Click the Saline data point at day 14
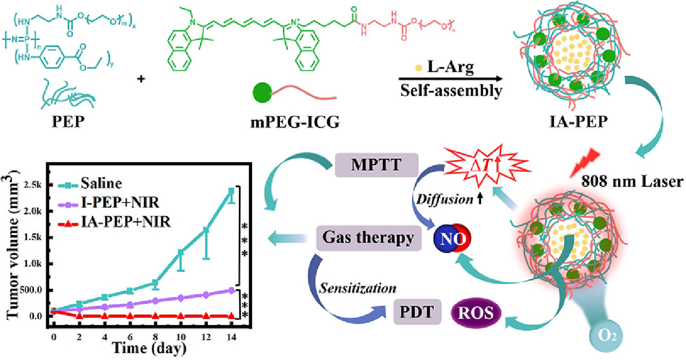pyautogui.click(x=231, y=191)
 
